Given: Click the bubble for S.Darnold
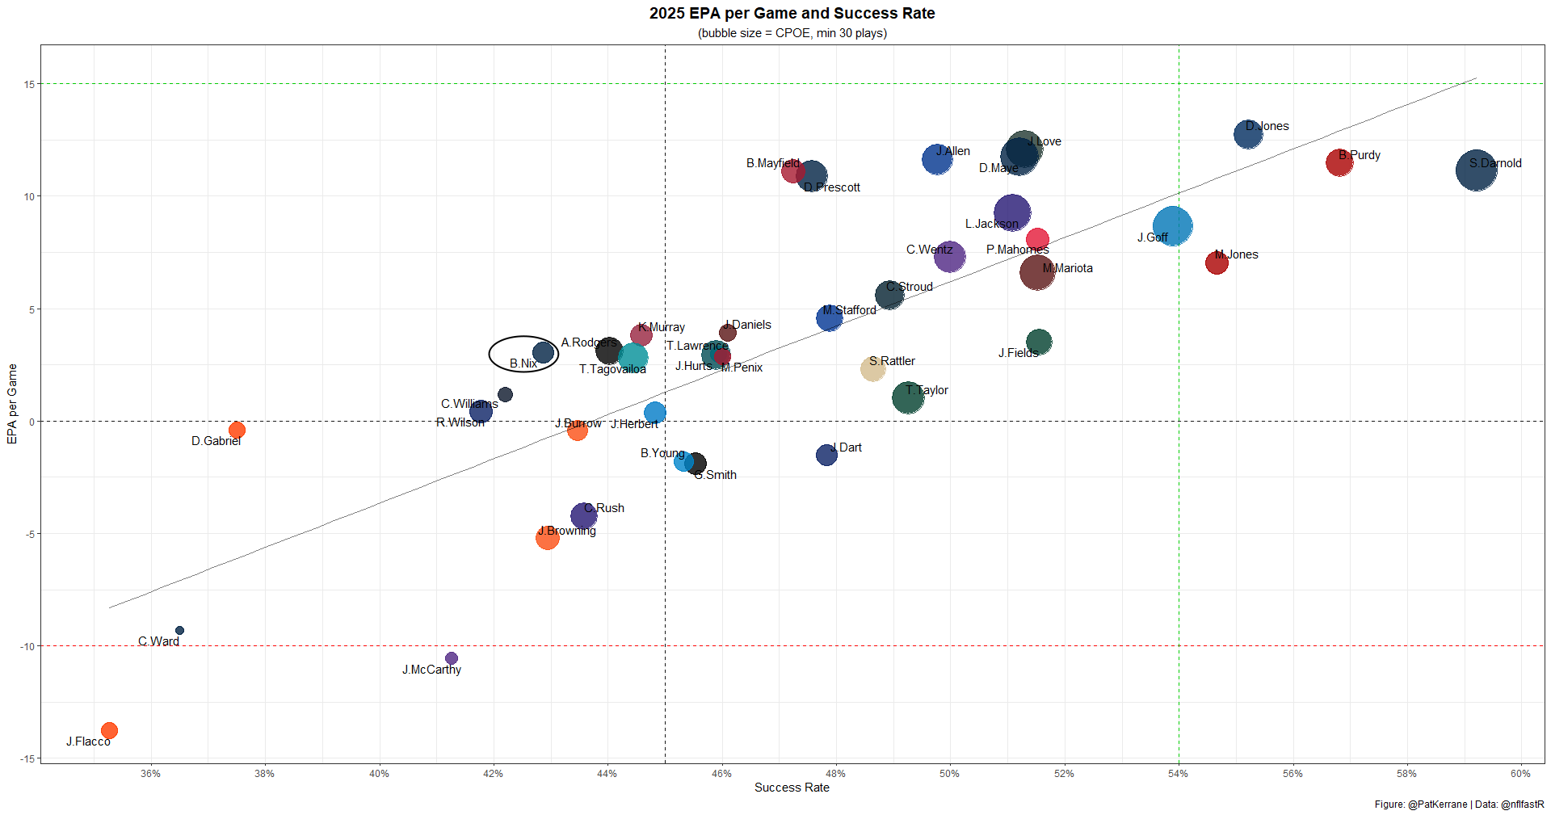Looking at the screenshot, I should point(1476,170).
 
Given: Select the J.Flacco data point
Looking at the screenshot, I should point(109,730).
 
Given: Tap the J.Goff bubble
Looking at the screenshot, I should point(1172,225).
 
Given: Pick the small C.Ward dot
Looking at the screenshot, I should point(179,630).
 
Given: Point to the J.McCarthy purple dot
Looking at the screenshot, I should point(452,658).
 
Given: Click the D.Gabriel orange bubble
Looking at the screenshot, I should point(237,430).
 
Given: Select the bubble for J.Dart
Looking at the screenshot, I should point(826,455).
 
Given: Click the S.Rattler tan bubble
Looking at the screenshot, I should point(872,368).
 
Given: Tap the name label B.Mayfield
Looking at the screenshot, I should point(772,163).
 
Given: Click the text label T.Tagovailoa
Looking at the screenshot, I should point(612,369).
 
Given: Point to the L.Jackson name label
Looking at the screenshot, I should point(991,224).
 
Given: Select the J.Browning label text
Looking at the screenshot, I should point(567,531).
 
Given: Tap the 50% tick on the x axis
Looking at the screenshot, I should point(949,774).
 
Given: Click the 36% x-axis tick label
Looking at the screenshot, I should point(150,774).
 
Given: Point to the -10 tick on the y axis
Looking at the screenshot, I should point(27,646).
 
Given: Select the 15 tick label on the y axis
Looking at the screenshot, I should point(29,84).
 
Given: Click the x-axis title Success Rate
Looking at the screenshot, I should point(792,788).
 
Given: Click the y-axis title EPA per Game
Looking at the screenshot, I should point(12,404).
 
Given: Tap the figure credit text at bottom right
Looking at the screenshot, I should point(1459,804).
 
